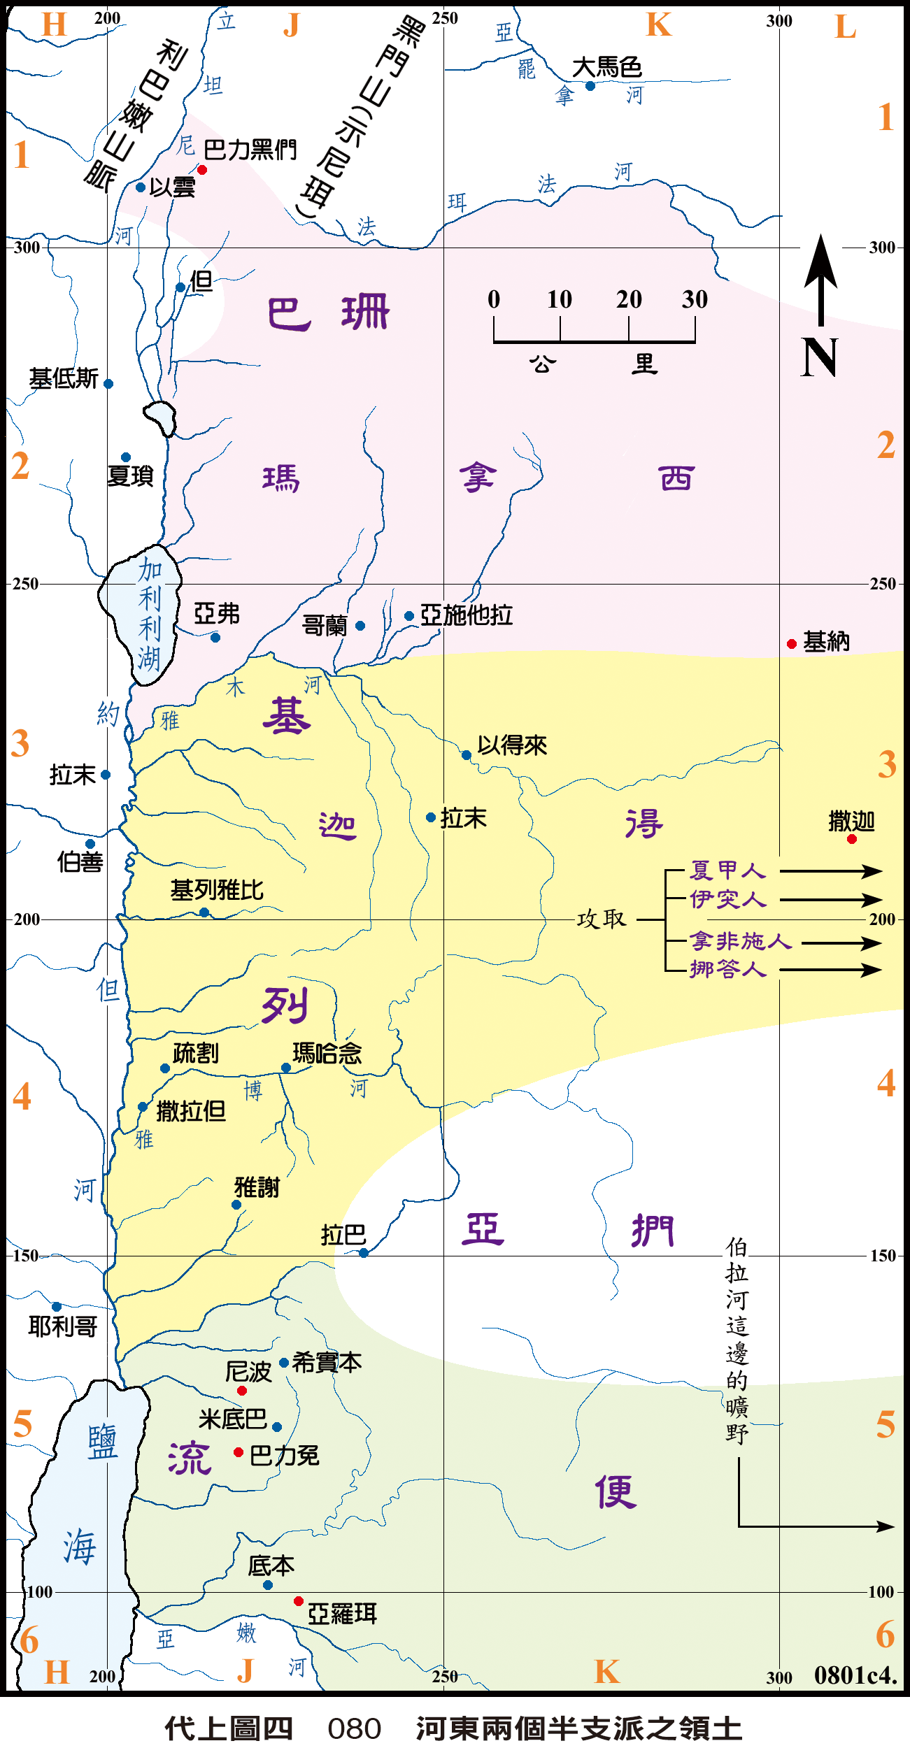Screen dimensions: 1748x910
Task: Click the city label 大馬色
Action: (x=606, y=68)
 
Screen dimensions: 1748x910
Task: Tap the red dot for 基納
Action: (x=792, y=644)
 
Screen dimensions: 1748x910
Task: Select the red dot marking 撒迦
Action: (x=851, y=839)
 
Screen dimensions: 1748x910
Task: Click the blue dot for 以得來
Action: (x=467, y=755)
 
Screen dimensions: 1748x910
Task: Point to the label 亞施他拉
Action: (x=467, y=615)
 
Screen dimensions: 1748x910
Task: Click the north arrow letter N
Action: (x=819, y=358)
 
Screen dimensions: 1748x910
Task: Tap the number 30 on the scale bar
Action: (x=695, y=299)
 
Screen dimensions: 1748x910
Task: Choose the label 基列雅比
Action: (x=217, y=890)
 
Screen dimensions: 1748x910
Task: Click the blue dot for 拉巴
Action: (x=364, y=1253)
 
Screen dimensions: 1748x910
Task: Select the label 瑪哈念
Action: (x=327, y=1053)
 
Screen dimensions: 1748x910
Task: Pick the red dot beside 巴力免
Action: (x=239, y=1452)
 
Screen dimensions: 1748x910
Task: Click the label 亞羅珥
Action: (x=342, y=1614)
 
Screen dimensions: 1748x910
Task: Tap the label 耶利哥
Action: (x=63, y=1326)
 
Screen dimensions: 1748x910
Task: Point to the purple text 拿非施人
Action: (x=740, y=941)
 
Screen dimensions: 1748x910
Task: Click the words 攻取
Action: (x=601, y=919)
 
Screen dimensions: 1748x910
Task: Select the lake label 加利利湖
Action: (x=149, y=614)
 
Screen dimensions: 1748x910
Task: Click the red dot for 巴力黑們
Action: (x=202, y=170)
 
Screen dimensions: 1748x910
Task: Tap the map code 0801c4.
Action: (x=855, y=1675)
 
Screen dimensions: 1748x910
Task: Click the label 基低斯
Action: (x=64, y=379)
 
